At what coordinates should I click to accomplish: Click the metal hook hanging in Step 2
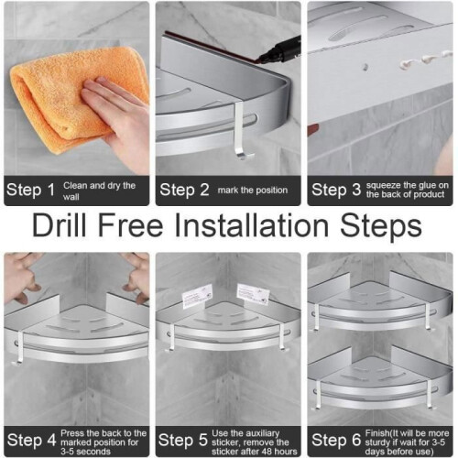[x=240, y=131]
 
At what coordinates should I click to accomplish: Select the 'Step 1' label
[x=30, y=191]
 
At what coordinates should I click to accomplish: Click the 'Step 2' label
[x=184, y=190]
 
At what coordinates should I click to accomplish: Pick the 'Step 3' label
[x=336, y=190]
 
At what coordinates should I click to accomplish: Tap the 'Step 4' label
[x=32, y=441]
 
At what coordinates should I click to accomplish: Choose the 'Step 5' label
[x=183, y=441]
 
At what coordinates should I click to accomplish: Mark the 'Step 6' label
[x=336, y=441]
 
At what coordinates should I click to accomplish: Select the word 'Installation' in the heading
[x=251, y=226]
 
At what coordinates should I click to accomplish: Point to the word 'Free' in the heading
[x=130, y=226]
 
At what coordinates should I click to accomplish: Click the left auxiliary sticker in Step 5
[x=197, y=294]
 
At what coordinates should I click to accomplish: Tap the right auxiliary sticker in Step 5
[x=254, y=294]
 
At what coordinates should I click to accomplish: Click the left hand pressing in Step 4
[x=21, y=277]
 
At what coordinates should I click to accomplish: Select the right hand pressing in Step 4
[x=136, y=277]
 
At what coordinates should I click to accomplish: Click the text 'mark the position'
[x=253, y=191]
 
